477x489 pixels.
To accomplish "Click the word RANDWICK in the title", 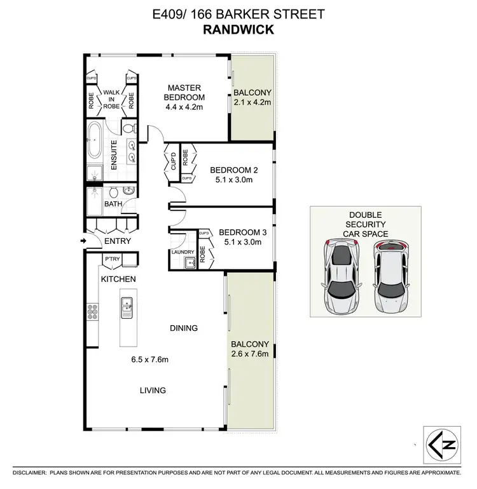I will tap(238, 29).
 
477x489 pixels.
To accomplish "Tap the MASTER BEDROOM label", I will tap(185, 92).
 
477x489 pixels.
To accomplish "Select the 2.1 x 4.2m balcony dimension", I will tap(253, 102).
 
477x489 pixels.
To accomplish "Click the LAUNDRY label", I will tap(183, 252).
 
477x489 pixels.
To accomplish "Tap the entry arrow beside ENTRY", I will tap(83, 241).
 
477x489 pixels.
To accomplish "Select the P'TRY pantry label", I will tap(113, 258).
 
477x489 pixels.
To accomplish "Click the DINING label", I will tap(184, 328).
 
